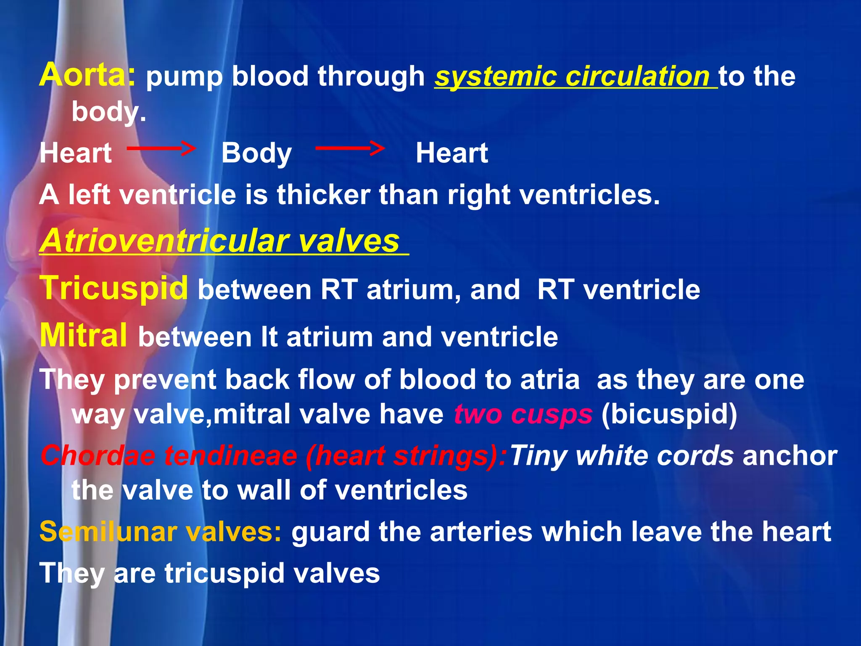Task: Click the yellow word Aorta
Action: (87, 75)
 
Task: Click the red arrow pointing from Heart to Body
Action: (161, 148)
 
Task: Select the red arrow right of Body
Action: (350, 148)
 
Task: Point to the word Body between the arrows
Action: (256, 154)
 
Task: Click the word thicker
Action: (323, 195)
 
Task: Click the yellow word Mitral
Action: (83, 336)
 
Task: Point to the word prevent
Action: (164, 380)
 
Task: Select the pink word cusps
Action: (552, 415)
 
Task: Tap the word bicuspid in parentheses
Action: (669, 415)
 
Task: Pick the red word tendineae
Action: (230, 456)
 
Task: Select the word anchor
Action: (790, 456)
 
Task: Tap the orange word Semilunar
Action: (108, 532)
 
